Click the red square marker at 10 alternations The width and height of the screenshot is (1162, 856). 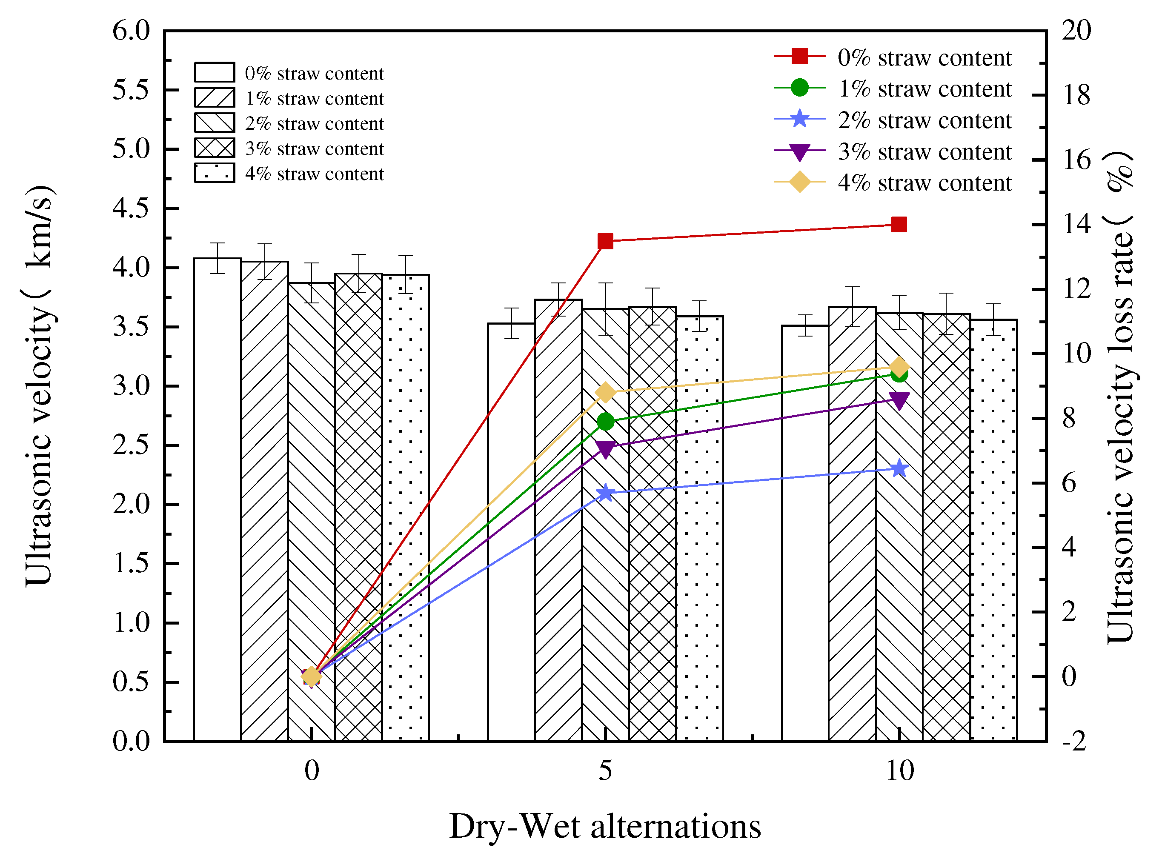click(899, 224)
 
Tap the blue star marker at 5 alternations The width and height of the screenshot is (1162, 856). click(605, 493)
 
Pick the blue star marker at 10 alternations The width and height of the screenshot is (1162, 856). click(900, 468)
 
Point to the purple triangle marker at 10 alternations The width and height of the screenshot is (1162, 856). click(899, 400)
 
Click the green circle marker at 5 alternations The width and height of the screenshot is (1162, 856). click(605, 421)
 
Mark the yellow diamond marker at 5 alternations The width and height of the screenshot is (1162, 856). click(605, 393)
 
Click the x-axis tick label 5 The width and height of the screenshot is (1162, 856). click(605, 770)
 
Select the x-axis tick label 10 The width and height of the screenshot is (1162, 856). click(900, 770)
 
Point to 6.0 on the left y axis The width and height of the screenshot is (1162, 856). click(131, 31)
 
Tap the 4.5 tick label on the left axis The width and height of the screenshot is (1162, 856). click(131, 208)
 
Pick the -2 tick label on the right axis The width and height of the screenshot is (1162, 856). click(1074, 741)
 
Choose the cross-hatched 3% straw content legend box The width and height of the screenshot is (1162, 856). click(215, 148)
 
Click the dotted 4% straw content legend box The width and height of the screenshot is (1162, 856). click(215, 173)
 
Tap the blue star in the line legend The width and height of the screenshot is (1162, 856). click(800, 119)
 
